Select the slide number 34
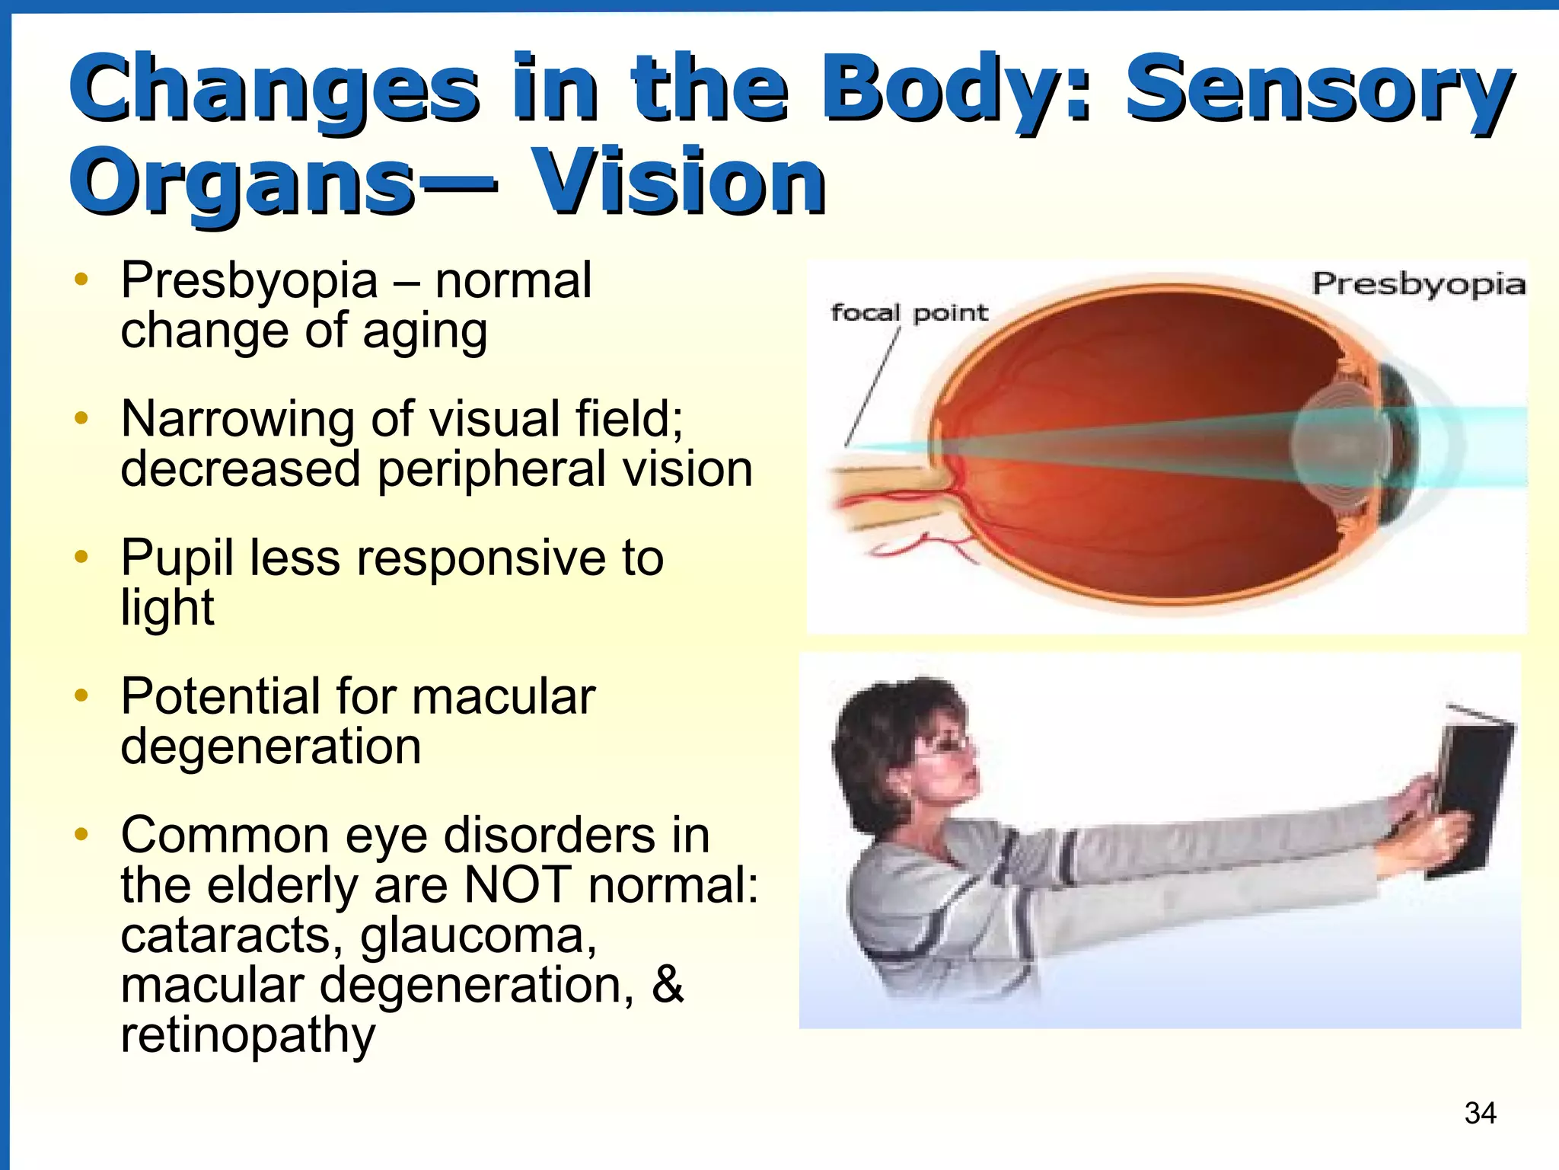[x=1480, y=1113]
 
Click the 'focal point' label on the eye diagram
[x=908, y=312]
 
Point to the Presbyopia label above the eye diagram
[x=1418, y=284]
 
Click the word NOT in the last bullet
[x=518, y=885]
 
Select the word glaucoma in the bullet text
[x=478, y=935]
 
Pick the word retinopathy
[x=248, y=1034]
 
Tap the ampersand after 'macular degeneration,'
[x=668, y=984]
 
